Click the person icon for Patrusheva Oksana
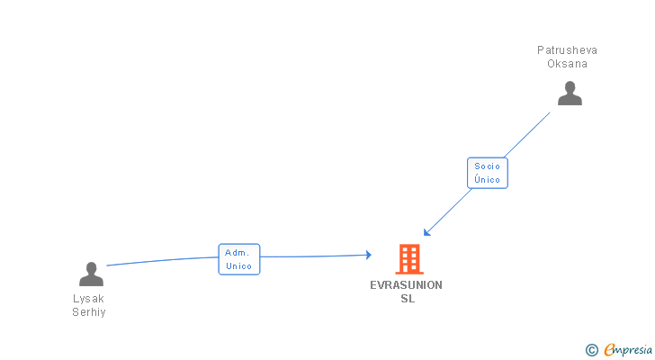[570, 94]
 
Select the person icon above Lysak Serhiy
[91, 274]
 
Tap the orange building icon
[409, 259]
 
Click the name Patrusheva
[567, 50]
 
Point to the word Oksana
[567, 64]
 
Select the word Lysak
[89, 299]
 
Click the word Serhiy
[89, 312]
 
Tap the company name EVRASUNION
[407, 285]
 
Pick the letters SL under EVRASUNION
[408, 299]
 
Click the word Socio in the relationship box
[487, 166]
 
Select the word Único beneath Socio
[487, 180]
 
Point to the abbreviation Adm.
[238, 253]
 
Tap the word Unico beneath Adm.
[238, 266]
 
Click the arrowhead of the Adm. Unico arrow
[368, 255]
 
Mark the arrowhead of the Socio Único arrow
[426, 233]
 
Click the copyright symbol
[591, 350]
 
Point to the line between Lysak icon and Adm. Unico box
[162, 260]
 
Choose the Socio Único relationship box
[487, 173]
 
